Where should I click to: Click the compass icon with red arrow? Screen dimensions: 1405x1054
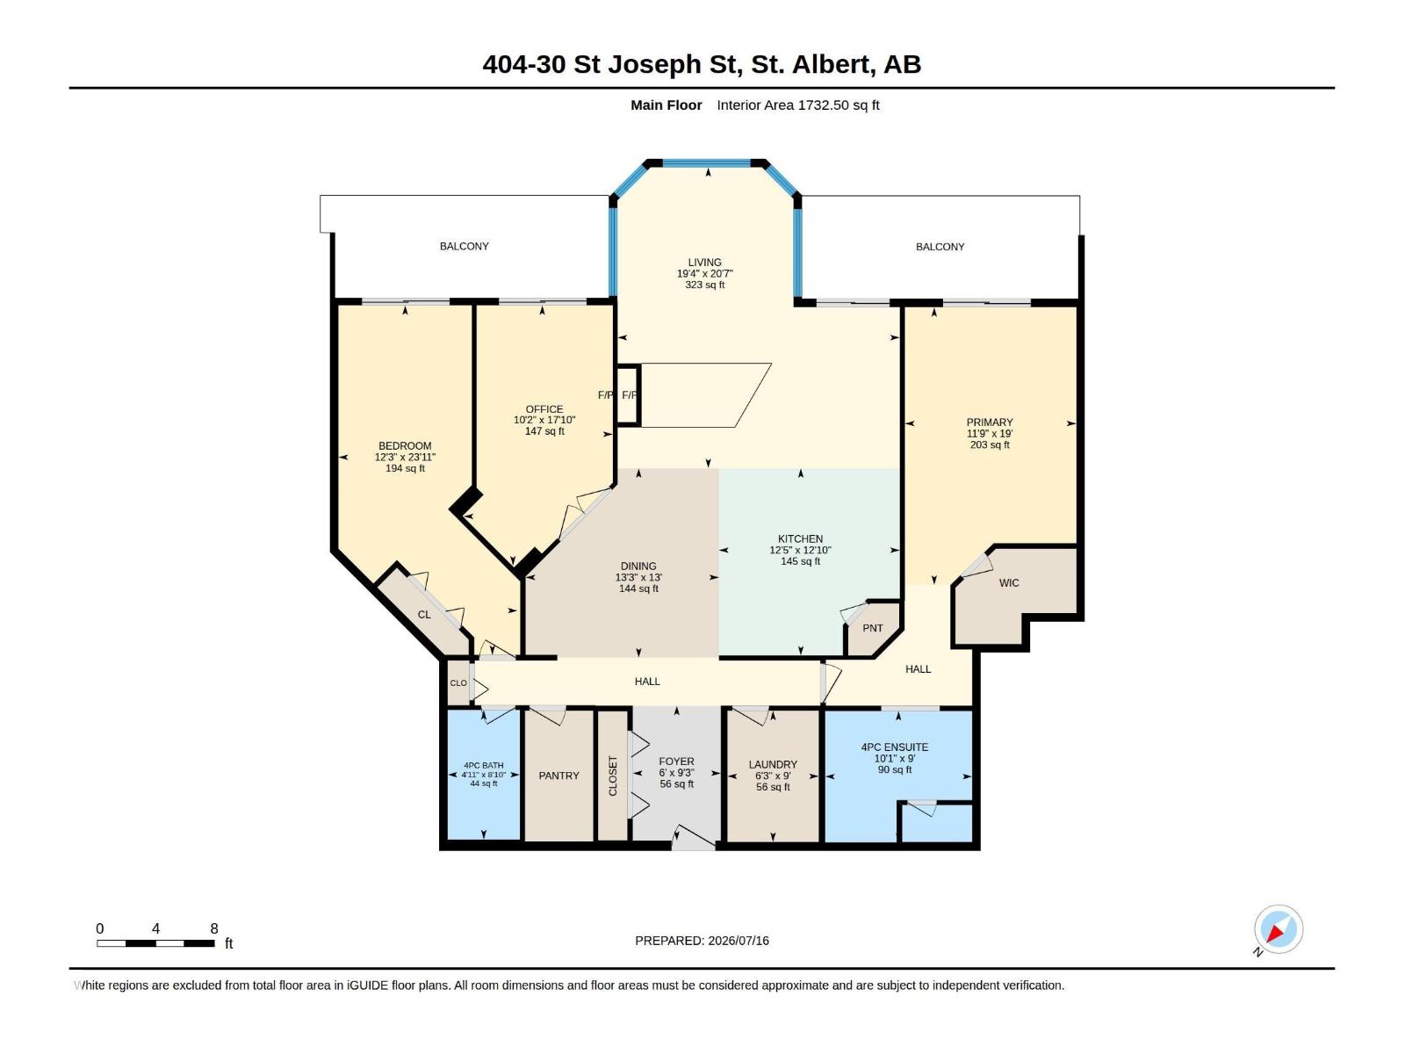tap(1278, 929)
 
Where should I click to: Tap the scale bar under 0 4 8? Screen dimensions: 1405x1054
tap(155, 943)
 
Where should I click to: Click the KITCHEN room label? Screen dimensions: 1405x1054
tap(800, 538)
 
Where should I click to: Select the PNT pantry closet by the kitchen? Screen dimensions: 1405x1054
tap(873, 628)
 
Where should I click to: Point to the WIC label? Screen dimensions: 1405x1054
tap(1009, 583)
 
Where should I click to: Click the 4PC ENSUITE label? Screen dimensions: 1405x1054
tap(894, 747)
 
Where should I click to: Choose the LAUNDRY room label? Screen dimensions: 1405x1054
tap(773, 765)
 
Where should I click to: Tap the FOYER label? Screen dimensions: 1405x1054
tap(676, 762)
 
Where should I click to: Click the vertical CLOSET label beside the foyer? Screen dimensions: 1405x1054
tap(613, 776)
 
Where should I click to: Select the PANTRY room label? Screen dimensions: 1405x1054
tap(558, 776)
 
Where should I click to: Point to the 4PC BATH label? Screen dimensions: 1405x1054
tap(483, 765)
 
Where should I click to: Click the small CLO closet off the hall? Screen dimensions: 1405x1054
tap(458, 682)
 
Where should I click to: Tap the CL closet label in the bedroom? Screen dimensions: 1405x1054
tap(424, 615)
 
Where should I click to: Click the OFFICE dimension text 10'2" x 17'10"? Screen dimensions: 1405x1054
tap(544, 421)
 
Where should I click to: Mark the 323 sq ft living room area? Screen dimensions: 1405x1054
tap(705, 285)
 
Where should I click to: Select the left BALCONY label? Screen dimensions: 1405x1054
tap(464, 247)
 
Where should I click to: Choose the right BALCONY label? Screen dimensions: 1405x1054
tap(940, 247)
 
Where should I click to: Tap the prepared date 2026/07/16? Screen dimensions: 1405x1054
tap(739, 941)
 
